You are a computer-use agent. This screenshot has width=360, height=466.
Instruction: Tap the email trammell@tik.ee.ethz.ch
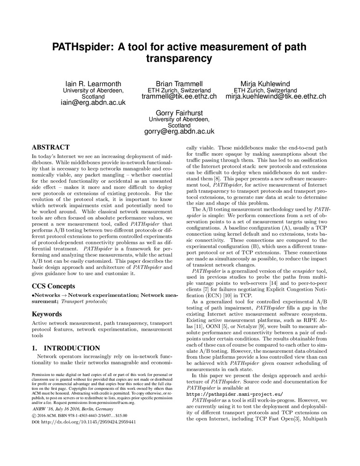[179, 96]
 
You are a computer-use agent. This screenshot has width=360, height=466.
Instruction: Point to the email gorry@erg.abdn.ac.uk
[179, 132]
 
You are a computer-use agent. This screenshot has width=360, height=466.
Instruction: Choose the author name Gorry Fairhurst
[179, 113]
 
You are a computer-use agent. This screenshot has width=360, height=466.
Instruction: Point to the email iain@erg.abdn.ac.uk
[93, 103]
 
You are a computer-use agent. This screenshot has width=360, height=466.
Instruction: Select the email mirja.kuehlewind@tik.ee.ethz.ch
[276, 96]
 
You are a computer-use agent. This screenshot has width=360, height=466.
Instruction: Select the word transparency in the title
[179, 59]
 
